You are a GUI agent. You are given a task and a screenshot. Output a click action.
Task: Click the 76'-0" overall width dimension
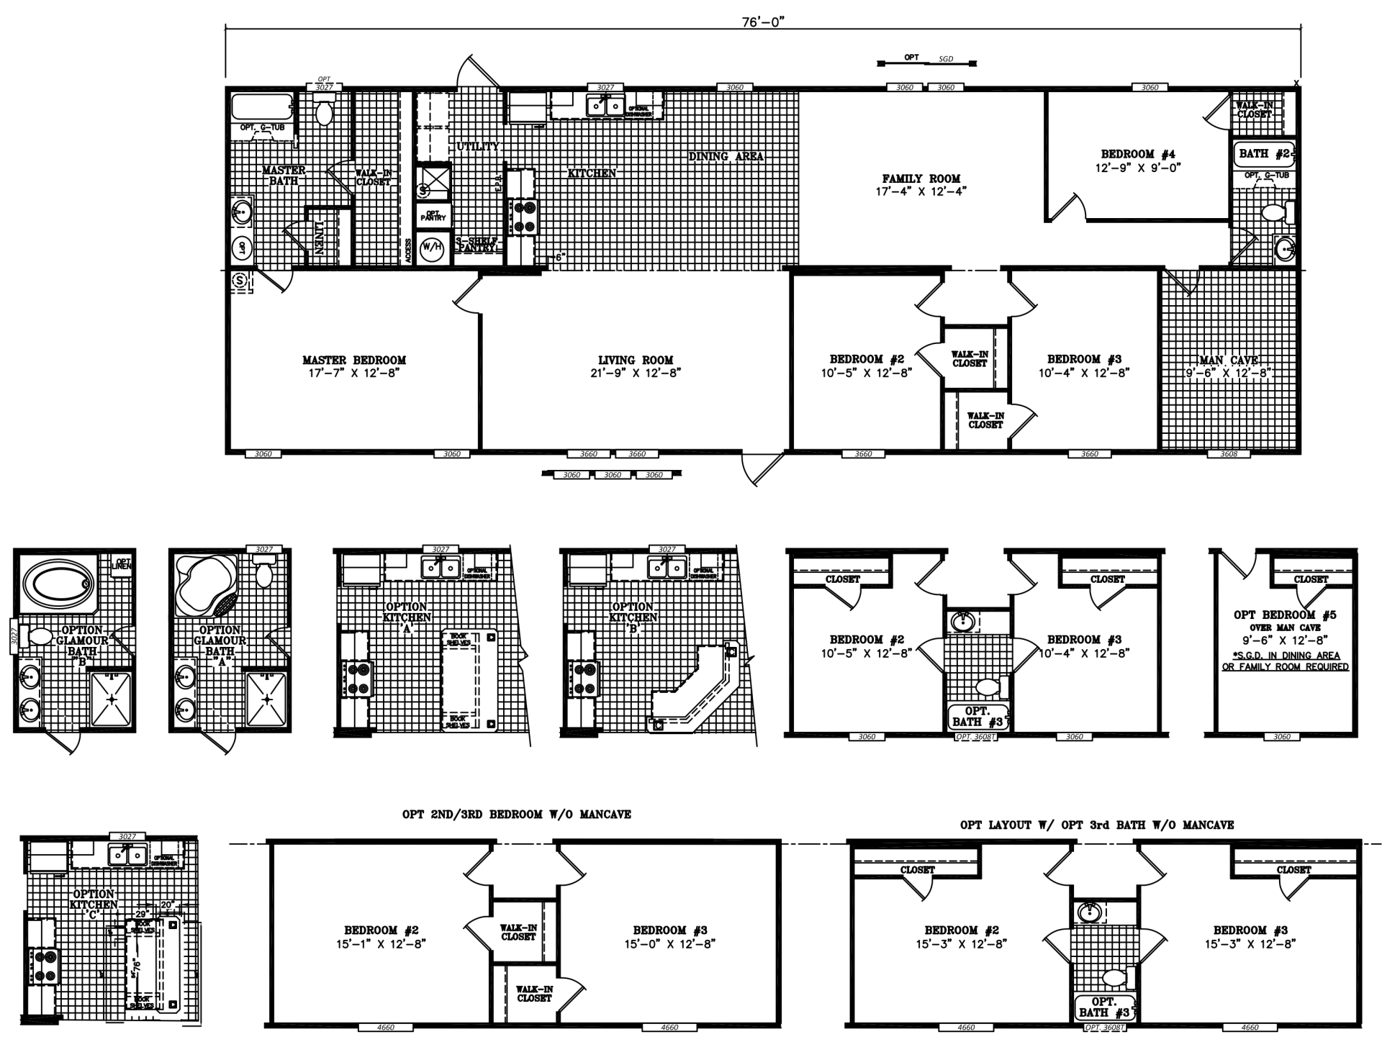[763, 21]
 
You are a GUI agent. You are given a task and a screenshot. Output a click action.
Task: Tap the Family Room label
[921, 178]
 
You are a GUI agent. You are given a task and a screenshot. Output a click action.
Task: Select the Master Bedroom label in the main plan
[353, 360]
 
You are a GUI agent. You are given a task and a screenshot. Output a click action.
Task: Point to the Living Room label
[636, 360]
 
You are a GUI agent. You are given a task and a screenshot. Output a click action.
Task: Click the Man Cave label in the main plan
[1229, 361]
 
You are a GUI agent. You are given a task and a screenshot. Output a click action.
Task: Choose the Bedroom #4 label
[1137, 154]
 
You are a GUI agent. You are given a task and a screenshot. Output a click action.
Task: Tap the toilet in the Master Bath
[325, 112]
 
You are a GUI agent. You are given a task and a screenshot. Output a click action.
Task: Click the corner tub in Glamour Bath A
[206, 584]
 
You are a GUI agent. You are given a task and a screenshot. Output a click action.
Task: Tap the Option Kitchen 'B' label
[633, 612]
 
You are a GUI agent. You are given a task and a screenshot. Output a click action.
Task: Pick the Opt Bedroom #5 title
[1285, 615]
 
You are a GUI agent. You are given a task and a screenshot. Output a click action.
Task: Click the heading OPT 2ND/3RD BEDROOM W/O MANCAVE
[517, 815]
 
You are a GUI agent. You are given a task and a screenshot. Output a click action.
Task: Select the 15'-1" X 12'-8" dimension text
[381, 943]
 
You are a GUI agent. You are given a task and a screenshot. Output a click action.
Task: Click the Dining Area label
[726, 156]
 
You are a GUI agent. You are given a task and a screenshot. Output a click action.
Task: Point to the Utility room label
[478, 146]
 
